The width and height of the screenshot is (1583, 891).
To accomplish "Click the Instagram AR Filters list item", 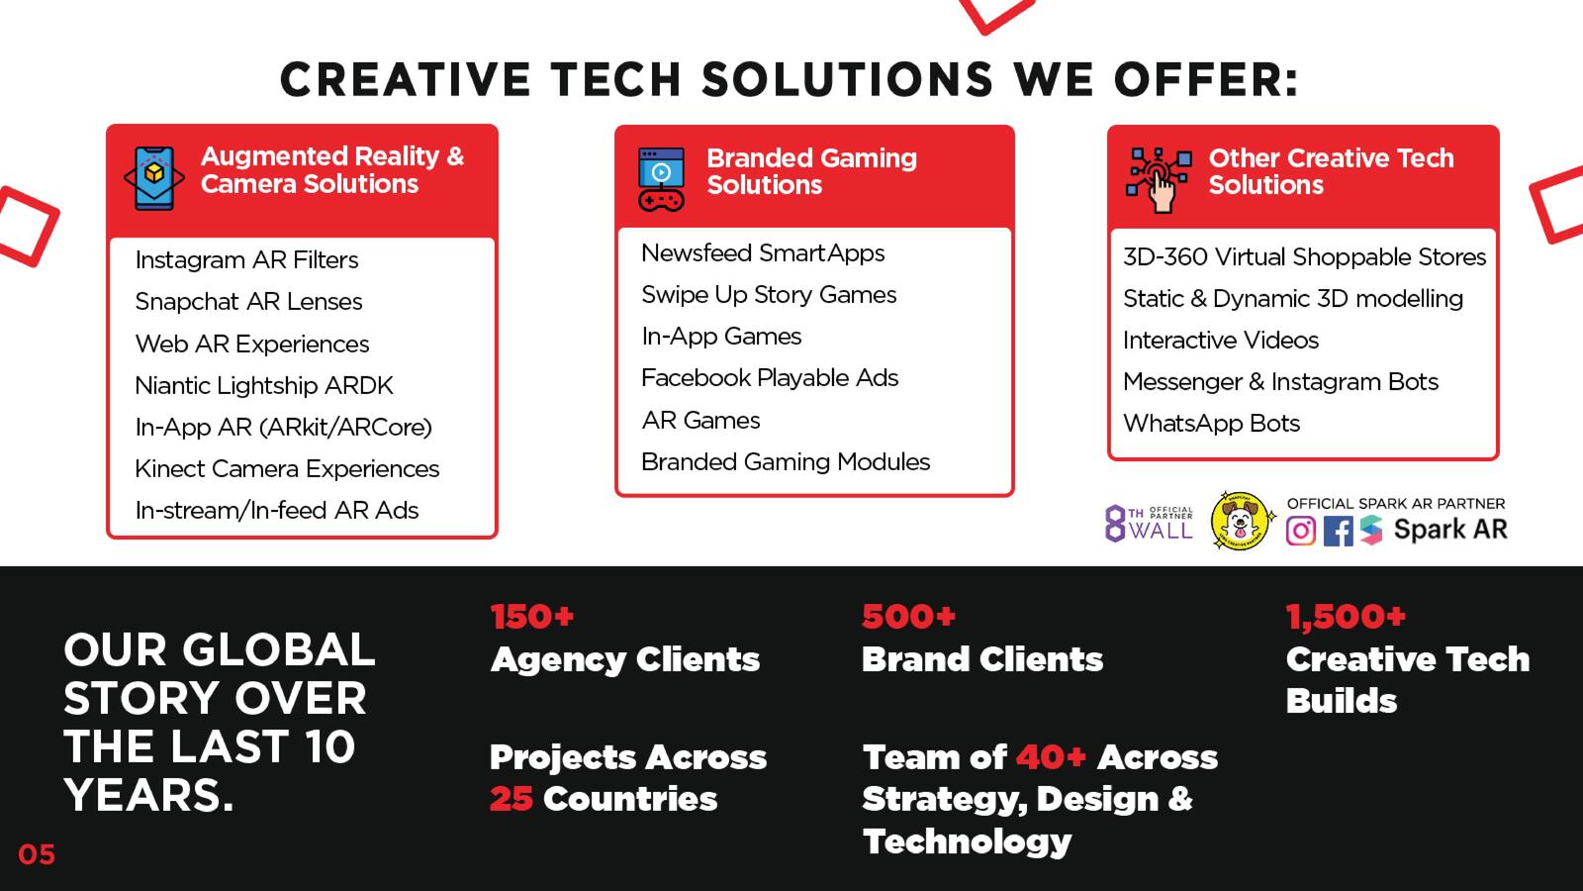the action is tap(246, 260).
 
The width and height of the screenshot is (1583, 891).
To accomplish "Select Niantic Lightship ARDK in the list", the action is tap(263, 385).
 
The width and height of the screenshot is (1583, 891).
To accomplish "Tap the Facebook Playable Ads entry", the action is tap(770, 378).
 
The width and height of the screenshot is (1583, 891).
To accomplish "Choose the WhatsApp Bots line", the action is tap(1211, 424).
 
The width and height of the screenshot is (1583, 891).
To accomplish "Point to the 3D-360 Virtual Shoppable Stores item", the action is tap(1305, 256).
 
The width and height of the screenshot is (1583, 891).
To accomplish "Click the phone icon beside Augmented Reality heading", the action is tap(154, 178).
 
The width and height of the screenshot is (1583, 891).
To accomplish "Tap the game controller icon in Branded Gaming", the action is tap(661, 179).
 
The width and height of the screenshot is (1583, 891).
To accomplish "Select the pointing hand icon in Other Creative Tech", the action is tap(1159, 180).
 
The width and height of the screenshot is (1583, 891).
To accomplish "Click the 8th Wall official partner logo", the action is tap(1149, 524).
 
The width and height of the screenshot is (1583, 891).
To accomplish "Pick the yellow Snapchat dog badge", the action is tap(1242, 521).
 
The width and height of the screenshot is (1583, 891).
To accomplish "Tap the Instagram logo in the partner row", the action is tap(1301, 531).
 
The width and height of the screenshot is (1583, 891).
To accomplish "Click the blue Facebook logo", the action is tap(1338, 531).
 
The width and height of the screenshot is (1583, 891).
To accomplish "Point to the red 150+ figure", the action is tap(532, 617).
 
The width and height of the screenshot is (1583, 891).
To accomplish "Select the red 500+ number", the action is tap(909, 617).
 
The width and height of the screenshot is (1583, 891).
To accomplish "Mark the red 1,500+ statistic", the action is tap(1346, 617).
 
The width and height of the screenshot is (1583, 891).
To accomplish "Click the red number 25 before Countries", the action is tap(511, 799).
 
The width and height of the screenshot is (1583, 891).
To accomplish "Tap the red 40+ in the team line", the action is tap(1051, 757).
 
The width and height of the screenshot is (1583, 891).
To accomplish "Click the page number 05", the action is tap(37, 855).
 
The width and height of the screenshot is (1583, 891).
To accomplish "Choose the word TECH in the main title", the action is tap(615, 78).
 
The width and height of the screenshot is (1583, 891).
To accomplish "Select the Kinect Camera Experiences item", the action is tap(287, 469).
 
